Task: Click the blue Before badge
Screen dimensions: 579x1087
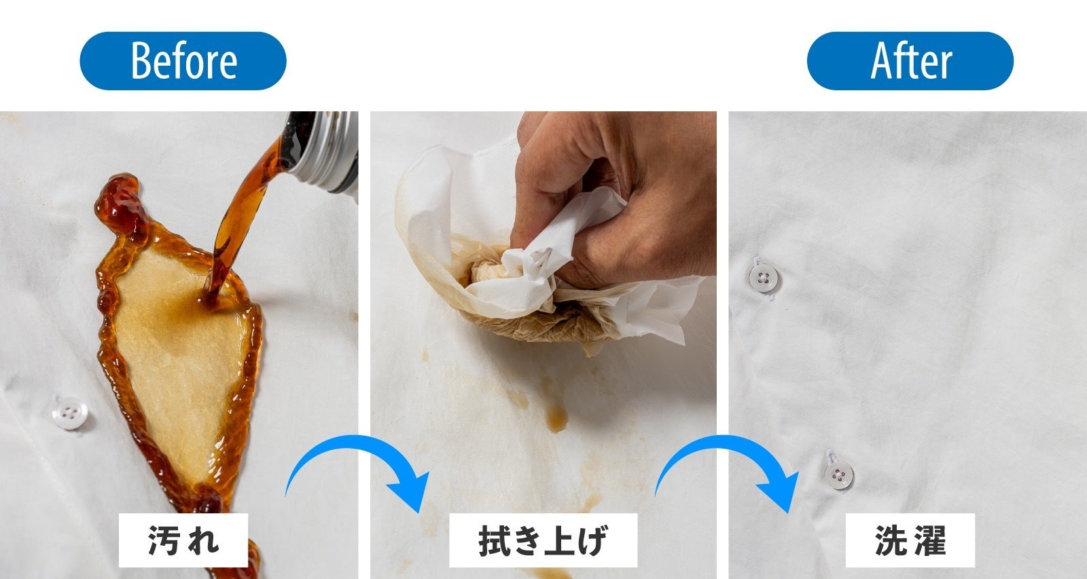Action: pyautogui.click(x=183, y=61)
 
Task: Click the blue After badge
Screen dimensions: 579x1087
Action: pyautogui.click(x=910, y=61)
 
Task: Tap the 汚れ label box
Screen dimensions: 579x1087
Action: pyautogui.click(x=183, y=540)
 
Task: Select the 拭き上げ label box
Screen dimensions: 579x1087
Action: pyautogui.click(x=543, y=540)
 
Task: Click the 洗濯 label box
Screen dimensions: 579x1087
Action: pyautogui.click(x=910, y=540)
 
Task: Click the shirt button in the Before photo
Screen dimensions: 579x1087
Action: pyautogui.click(x=68, y=412)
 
